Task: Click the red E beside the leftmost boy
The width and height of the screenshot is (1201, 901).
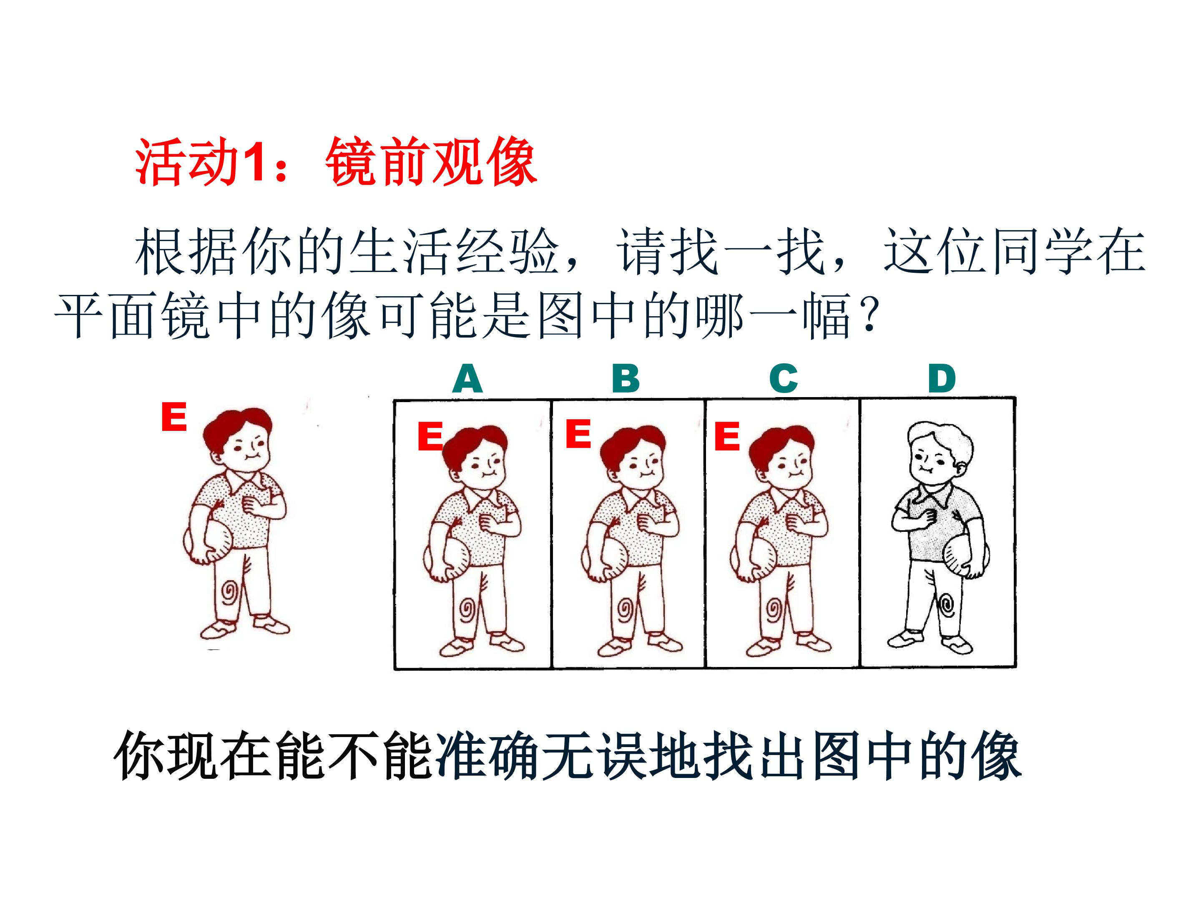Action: pos(174,417)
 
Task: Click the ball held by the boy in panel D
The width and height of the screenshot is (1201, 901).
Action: pos(965,556)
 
